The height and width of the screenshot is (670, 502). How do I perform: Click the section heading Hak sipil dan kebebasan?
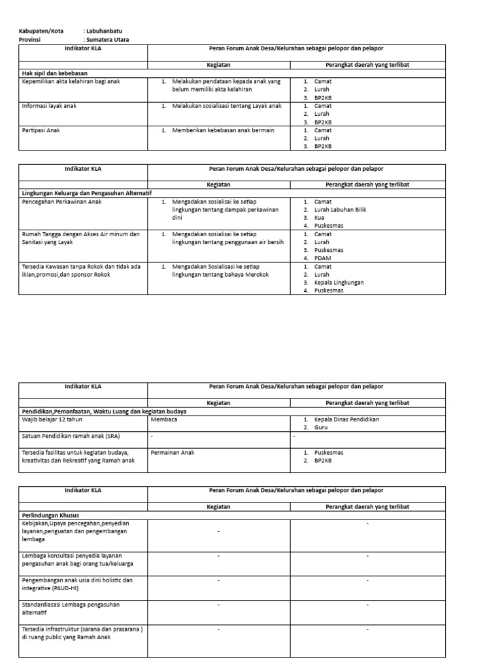(55, 73)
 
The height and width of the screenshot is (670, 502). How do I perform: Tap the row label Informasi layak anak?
(50, 105)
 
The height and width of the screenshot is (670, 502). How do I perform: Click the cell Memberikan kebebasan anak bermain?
(223, 130)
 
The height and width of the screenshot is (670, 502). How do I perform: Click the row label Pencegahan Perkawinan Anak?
(62, 202)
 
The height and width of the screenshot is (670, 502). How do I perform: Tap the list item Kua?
(319, 217)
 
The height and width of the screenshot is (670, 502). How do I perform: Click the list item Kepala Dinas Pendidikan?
(346, 419)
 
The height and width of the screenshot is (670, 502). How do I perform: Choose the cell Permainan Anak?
(173, 452)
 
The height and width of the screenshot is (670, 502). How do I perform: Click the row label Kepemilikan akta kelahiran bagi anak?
(71, 81)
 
